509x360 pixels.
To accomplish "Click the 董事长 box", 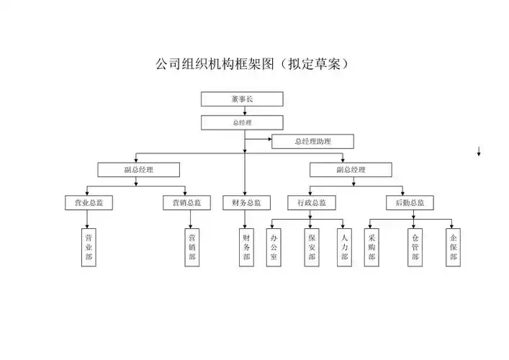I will (242, 99).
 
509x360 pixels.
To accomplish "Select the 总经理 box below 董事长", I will (242, 122).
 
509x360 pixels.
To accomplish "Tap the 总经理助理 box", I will (312, 141).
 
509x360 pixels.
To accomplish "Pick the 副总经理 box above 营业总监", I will (139, 170).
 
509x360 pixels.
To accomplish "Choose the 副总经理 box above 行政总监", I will (351, 170).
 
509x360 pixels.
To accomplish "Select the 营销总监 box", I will (186, 203).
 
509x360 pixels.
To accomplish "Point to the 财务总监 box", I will (246, 203).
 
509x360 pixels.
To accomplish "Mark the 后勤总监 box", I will (410, 203).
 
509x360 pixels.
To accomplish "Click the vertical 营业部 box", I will (89, 247).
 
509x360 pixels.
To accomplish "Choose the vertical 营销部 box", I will (192, 247).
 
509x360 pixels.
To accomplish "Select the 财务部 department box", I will (246, 247).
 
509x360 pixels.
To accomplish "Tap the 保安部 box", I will (311, 247).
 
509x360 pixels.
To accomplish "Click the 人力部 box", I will (345, 247).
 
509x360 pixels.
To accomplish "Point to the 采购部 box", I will (371, 247).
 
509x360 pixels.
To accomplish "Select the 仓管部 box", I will (415, 247).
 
